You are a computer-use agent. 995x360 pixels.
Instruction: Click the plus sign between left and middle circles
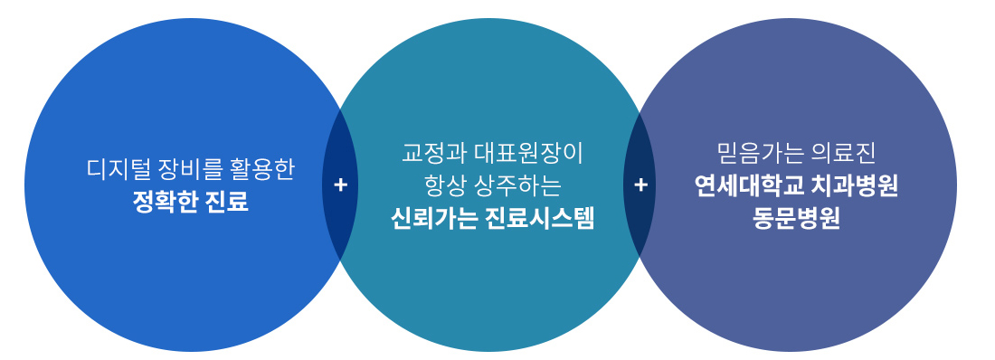coord(341,185)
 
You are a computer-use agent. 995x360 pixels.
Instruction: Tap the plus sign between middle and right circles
coord(641,185)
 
